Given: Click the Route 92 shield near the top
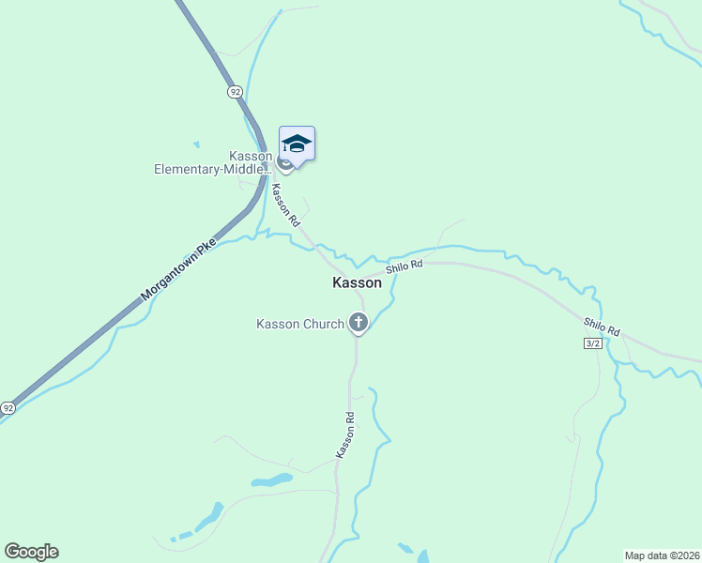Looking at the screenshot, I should point(235,91).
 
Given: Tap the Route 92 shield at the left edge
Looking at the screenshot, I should point(8,408).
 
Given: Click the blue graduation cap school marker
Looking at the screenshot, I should point(297,144).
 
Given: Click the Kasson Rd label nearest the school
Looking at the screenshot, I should point(284,205).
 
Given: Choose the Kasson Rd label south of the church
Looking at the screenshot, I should point(344,435).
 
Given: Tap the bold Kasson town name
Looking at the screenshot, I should point(358,282).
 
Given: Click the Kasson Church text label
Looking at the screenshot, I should point(300,325).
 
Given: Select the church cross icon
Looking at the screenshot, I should point(358,324).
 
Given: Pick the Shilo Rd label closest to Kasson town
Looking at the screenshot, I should point(404,266).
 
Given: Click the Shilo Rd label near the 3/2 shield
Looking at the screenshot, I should point(602,327).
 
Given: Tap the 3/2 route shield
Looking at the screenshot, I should point(591,344).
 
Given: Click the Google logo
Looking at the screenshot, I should point(31,552).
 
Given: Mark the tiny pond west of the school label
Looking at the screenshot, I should point(195,145).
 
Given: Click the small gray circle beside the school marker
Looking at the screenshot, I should point(284,165).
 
